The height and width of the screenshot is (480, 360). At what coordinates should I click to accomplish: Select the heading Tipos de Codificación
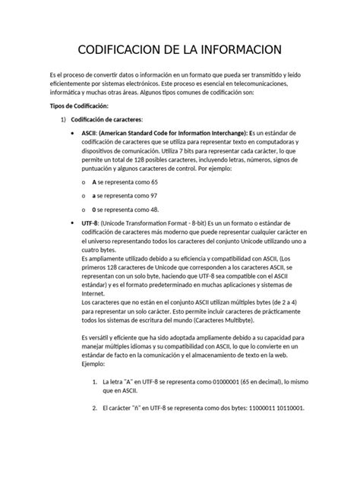[79, 108]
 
